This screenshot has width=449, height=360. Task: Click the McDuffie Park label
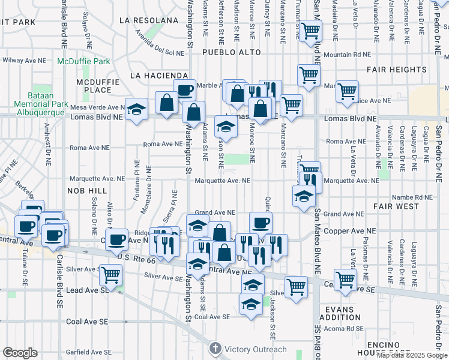83,61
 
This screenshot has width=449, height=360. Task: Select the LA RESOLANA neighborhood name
149,20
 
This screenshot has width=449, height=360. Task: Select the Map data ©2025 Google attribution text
411,355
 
